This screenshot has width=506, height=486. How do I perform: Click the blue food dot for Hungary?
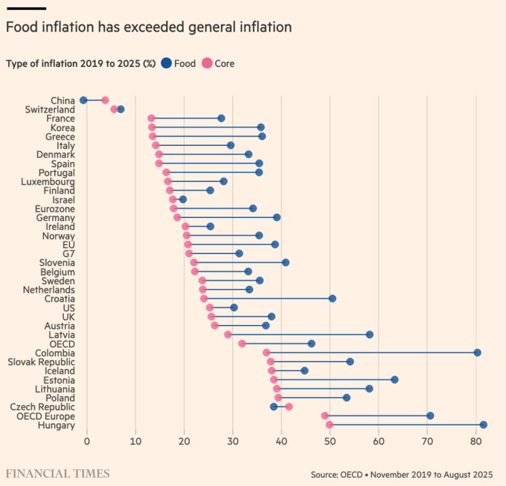click(483, 425)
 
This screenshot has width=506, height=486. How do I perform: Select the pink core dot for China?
click(105, 100)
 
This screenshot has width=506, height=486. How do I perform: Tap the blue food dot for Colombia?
click(477, 352)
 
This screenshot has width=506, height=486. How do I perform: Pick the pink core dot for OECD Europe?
click(325, 416)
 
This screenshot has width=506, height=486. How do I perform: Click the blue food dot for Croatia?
click(332, 298)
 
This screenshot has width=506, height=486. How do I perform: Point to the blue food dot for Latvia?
click(369, 335)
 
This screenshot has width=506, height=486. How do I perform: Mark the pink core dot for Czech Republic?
click(289, 407)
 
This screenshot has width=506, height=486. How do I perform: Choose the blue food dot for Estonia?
click(394, 380)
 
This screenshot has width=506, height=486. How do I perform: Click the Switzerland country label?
click(50, 109)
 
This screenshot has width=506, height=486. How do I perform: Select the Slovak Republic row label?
click(41, 362)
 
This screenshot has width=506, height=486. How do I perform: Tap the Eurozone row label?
click(55, 209)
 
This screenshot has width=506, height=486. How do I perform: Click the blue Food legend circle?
click(166, 64)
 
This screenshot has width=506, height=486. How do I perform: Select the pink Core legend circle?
click(207, 64)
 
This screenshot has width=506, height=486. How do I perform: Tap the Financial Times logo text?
click(58, 473)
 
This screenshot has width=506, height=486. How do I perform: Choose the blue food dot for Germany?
click(276, 217)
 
